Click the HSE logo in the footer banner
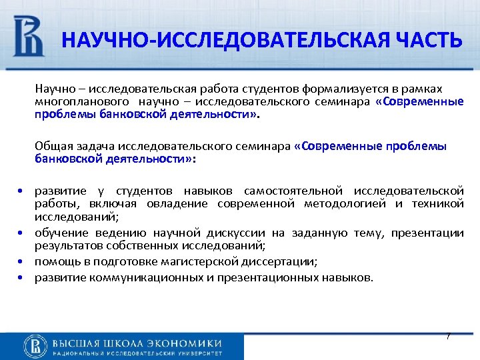(x=35, y=346)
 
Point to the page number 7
(x=448, y=336)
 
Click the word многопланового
(x=83, y=101)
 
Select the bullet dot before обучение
(x=21, y=233)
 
